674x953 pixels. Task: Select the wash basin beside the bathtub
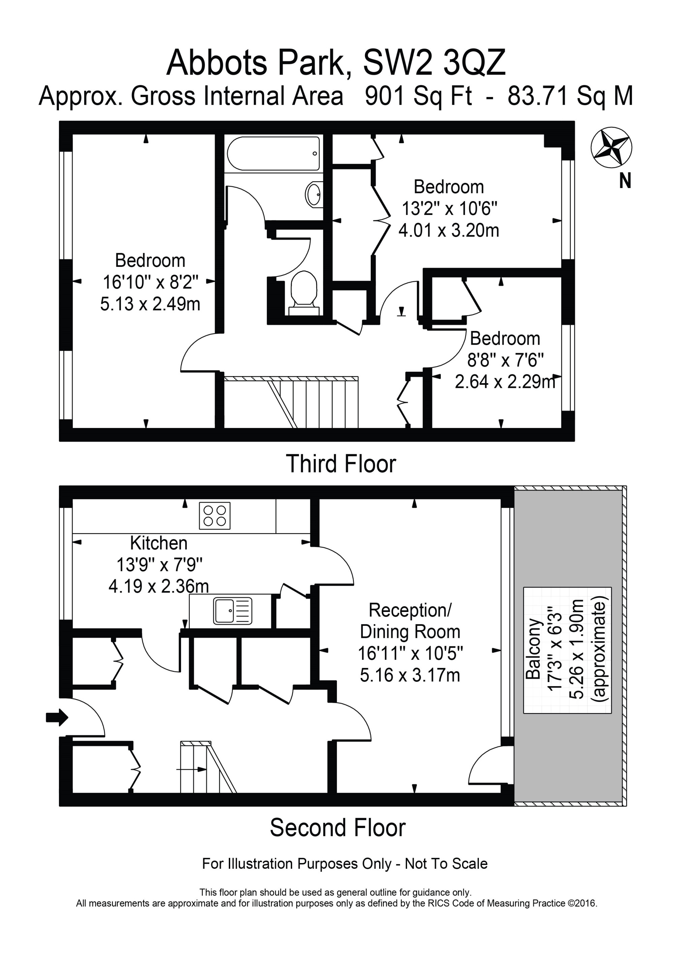(x=314, y=194)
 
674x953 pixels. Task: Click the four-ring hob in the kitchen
(x=215, y=516)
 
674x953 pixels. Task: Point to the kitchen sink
(x=233, y=611)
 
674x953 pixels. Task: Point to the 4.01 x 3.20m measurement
(x=449, y=230)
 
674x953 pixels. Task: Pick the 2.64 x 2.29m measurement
(x=505, y=382)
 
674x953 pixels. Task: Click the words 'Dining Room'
(x=410, y=632)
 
